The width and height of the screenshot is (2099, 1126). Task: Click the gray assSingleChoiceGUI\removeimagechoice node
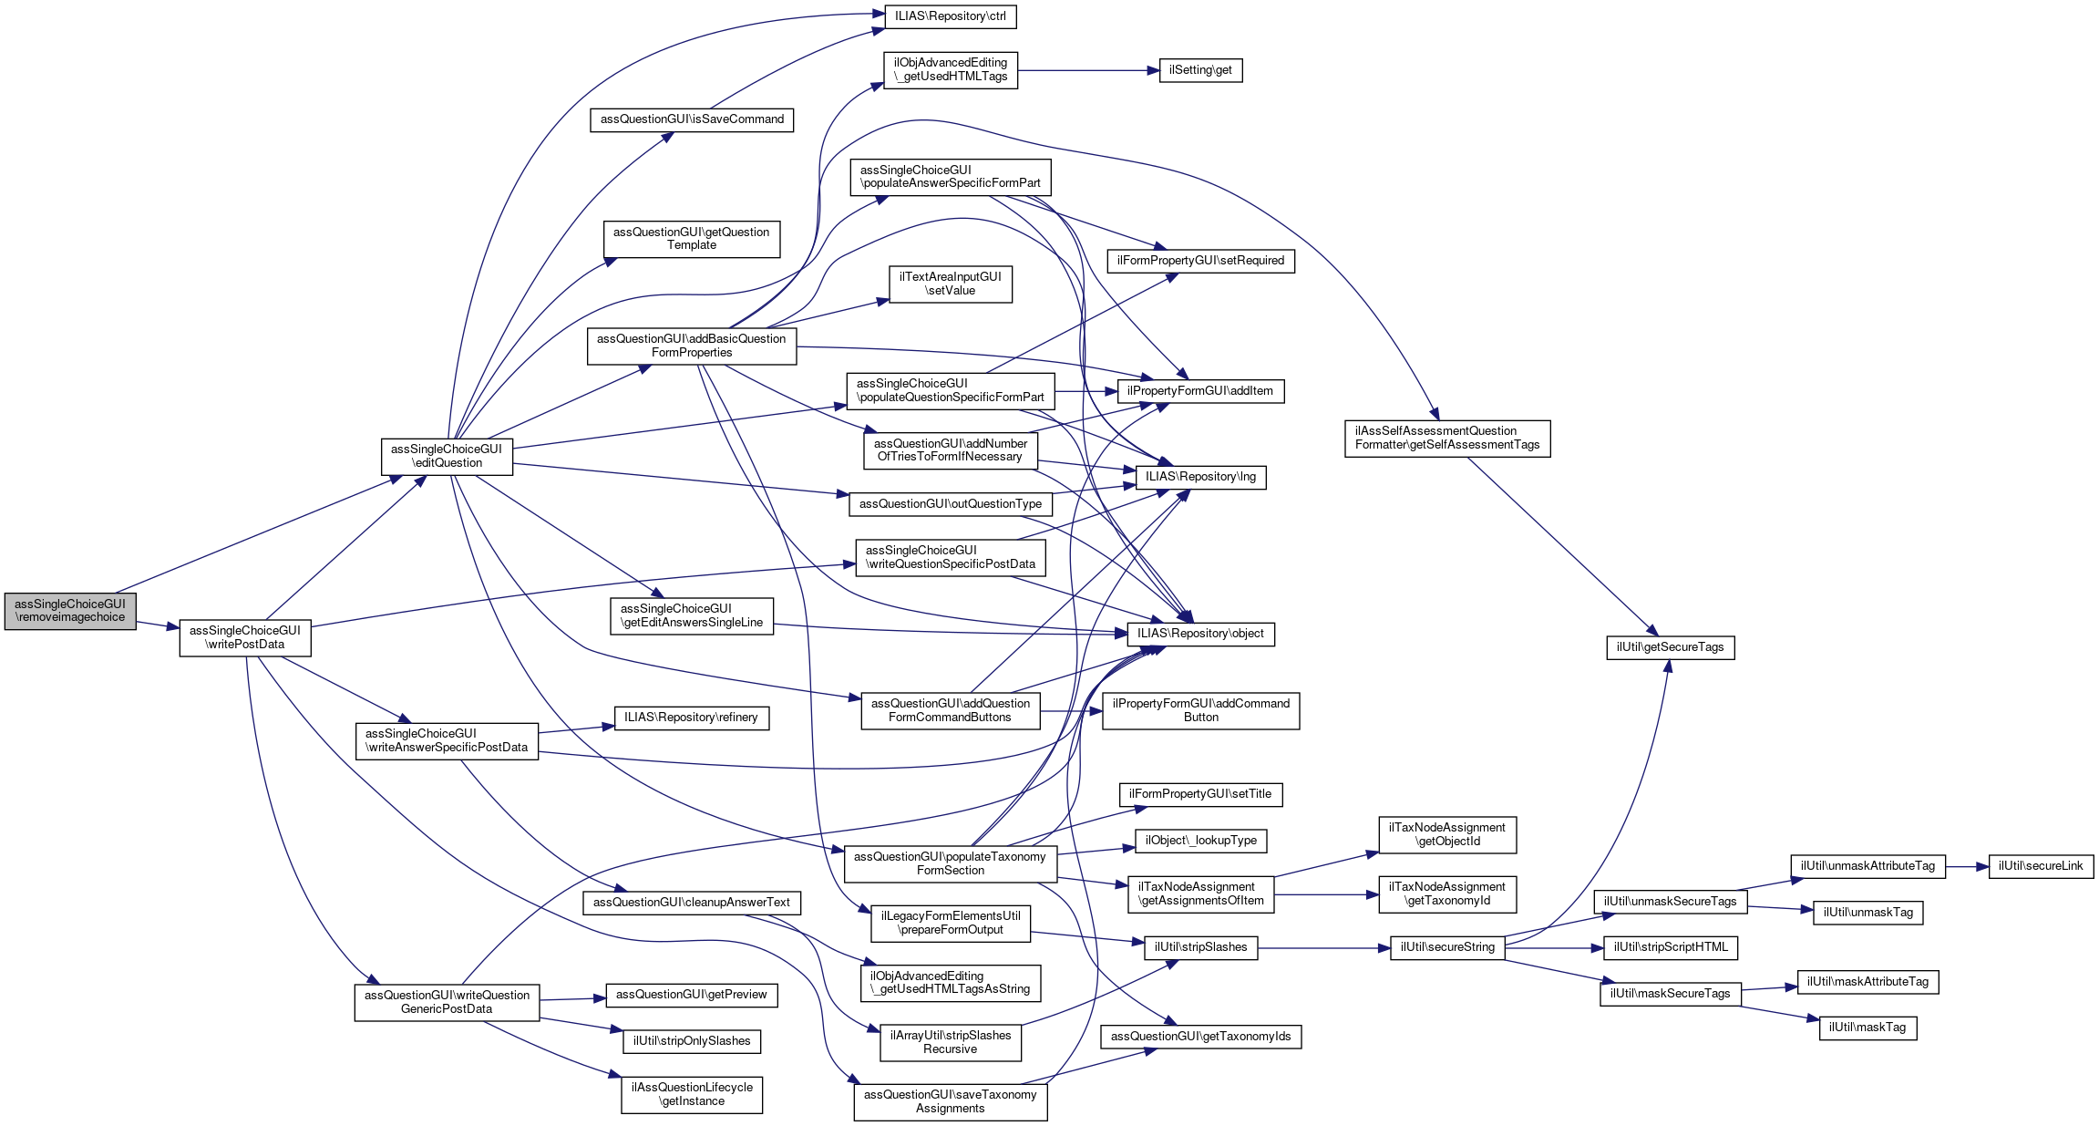click(x=70, y=611)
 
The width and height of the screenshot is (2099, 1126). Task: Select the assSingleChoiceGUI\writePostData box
click(x=245, y=637)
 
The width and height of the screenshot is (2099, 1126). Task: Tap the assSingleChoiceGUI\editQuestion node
click(x=447, y=456)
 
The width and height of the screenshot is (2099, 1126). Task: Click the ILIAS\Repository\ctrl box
click(x=951, y=16)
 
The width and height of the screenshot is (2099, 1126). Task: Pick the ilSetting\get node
click(x=1200, y=70)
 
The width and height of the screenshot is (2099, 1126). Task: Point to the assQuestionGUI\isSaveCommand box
click(x=692, y=119)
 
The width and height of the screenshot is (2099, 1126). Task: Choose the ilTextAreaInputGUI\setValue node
click(x=951, y=284)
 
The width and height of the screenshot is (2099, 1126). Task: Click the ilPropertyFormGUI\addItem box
click(x=1200, y=391)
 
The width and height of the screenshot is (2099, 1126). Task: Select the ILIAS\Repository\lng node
click(x=1200, y=477)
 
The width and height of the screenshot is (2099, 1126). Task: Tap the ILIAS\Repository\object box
click(x=1200, y=634)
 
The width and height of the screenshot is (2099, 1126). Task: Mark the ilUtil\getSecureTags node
click(x=1671, y=647)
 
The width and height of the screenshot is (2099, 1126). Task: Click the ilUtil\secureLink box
click(x=2041, y=866)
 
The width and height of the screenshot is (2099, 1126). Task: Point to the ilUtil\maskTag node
click(x=1868, y=1028)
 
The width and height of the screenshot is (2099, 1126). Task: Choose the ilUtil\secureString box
click(x=1447, y=947)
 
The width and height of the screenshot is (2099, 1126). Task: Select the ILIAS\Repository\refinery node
click(x=692, y=718)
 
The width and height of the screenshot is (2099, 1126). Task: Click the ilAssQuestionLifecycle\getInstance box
click(x=692, y=1094)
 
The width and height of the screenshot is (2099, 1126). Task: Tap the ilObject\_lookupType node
click(x=1200, y=841)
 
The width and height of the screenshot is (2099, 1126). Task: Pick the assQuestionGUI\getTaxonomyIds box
click(x=1200, y=1037)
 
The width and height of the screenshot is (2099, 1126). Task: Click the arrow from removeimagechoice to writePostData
click(x=158, y=625)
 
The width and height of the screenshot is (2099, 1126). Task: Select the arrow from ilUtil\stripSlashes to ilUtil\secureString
click(x=1324, y=948)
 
